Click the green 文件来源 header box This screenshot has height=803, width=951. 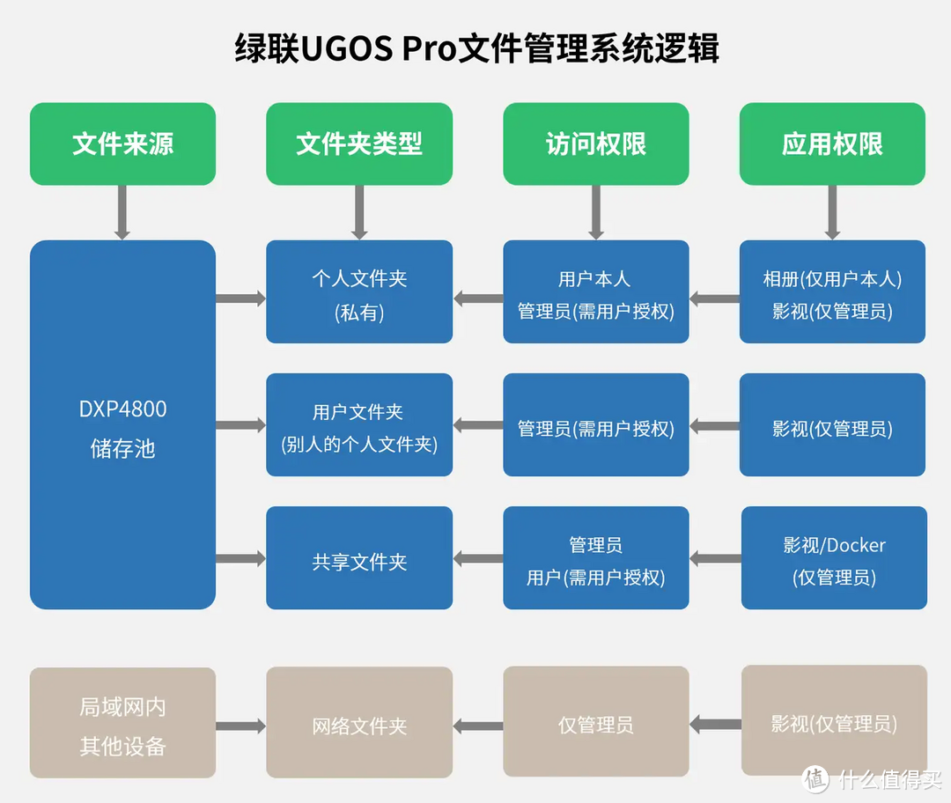click(x=122, y=144)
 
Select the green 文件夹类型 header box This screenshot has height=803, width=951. click(x=359, y=144)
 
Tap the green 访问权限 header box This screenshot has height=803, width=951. click(x=595, y=144)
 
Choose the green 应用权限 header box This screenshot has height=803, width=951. click(x=832, y=144)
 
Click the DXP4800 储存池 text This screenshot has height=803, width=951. click(x=122, y=429)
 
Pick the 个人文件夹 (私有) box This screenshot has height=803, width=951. click(x=359, y=292)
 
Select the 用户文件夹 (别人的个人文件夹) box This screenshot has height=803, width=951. click(x=359, y=425)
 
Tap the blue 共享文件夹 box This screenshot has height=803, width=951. click(x=359, y=558)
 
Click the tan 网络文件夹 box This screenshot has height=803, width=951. click(x=359, y=723)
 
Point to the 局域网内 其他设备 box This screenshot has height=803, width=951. click(x=122, y=723)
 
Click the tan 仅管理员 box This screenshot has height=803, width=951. click(x=595, y=723)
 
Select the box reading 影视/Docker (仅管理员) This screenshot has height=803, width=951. click(x=834, y=558)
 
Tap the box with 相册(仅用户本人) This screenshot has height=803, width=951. click(x=832, y=292)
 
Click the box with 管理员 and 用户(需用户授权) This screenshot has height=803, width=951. click(x=595, y=558)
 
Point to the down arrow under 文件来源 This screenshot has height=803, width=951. click(x=122, y=212)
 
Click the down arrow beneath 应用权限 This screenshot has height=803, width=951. click(x=832, y=212)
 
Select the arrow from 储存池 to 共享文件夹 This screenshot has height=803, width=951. click(x=240, y=558)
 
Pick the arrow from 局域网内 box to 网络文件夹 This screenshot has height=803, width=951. click(x=240, y=726)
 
